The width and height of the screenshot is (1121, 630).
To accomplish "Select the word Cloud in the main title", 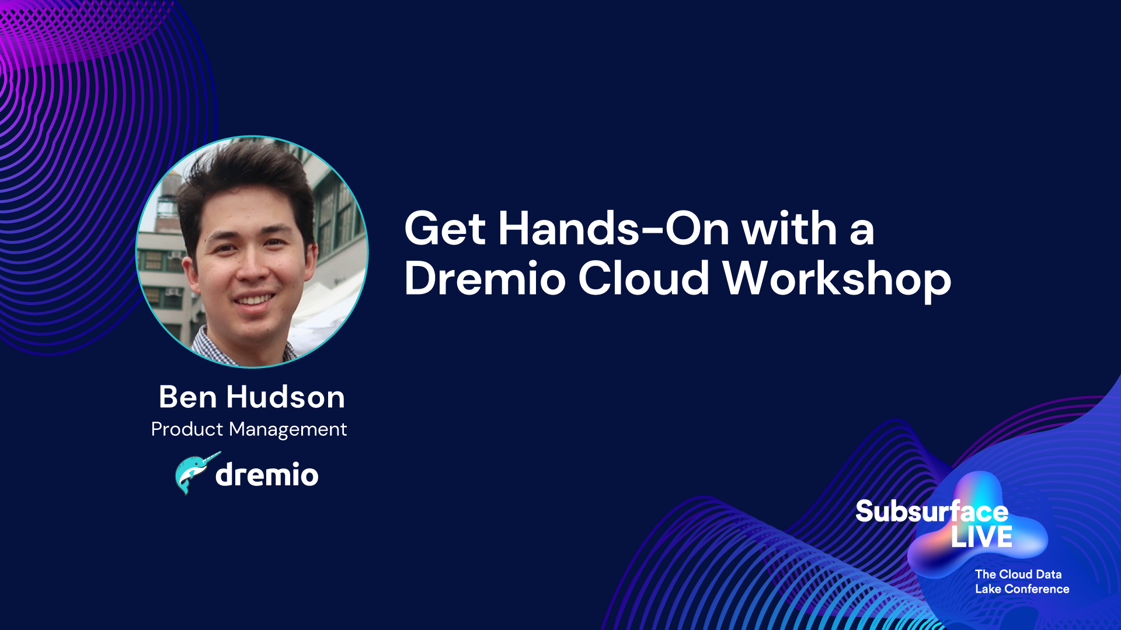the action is (x=643, y=278).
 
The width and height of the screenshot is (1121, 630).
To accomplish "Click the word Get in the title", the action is (x=445, y=228).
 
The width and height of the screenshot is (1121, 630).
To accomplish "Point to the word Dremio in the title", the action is (x=485, y=278).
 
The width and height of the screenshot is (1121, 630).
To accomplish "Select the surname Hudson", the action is (x=286, y=397).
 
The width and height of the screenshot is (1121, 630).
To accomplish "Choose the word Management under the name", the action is (x=288, y=430).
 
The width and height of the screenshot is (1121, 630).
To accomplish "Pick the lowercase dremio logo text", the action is (x=267, y=474).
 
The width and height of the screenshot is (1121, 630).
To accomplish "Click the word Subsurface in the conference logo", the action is (x=932, y=512).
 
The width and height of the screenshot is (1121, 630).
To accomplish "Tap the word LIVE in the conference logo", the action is (x=981, y=537).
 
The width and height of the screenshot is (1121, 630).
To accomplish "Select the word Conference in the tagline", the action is (x=1037, y=589).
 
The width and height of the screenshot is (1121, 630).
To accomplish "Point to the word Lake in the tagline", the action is (x=988, y=589).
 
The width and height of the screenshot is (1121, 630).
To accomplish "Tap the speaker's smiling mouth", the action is (x=253, y=299).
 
